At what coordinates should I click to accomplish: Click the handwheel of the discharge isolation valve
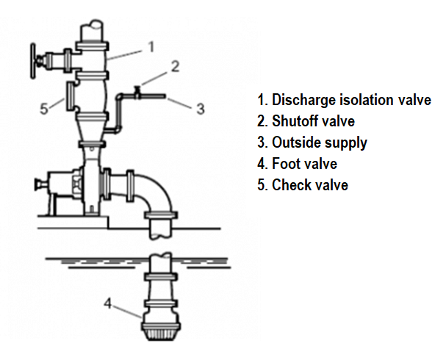[33, 61]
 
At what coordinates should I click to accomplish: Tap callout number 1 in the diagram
[151, 47]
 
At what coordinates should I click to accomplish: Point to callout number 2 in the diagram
[175, 66]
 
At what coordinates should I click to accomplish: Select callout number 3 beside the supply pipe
[201, 109]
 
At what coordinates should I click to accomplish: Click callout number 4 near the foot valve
[107, 303]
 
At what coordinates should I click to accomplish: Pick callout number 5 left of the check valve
[44, 109]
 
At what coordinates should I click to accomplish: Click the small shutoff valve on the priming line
[137, 93]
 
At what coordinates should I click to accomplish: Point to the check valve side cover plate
[70, 96]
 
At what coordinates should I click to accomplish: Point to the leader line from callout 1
[125, 55]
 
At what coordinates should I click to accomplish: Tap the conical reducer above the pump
[92, 131]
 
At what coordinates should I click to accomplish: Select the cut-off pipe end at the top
[92, 30]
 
